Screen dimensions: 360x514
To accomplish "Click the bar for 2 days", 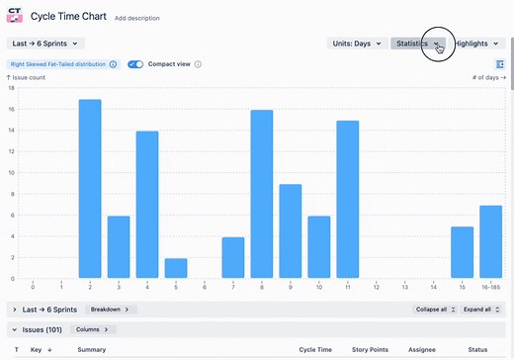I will pyautogui.click(x=90, y=188).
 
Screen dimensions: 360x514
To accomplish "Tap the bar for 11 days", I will pyautogui.click(x=348, y=199).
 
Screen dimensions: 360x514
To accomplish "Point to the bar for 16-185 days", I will pyautogui.click(x=491, y=241).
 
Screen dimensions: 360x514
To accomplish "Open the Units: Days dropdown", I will pyautogui.click(x=357, y=44).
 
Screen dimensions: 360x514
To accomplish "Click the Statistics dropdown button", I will pyautogui.click(x=416, y=44).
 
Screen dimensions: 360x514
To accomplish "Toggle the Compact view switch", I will pyautogui.click(x=135, y=64).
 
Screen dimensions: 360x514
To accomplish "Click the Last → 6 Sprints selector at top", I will pyautogui.click(x=45, y=44).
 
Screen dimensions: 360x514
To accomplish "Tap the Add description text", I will pyautogui.click(x=134, y=18).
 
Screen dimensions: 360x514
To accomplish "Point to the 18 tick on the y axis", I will pyautogui.click(x=11, y=87).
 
